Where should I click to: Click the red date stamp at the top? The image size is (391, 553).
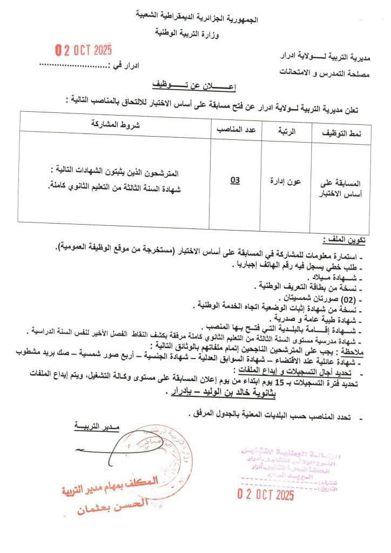tap(84, 51)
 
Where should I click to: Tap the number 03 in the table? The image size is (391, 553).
tap(234, 179)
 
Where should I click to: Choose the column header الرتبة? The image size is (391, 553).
tap(287, 131)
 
